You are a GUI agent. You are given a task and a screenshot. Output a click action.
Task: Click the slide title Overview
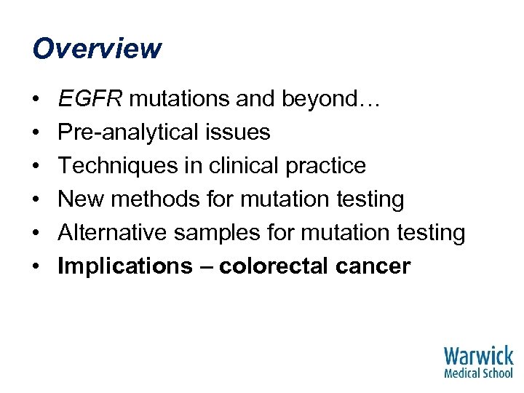(97, 49)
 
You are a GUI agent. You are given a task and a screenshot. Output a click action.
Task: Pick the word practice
(328, 166)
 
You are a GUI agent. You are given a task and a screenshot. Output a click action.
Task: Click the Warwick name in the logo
(478, 357)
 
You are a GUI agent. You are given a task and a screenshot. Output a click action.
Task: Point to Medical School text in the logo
(478, 373)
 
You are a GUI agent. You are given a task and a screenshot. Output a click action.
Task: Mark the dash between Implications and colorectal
(203, 267)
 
